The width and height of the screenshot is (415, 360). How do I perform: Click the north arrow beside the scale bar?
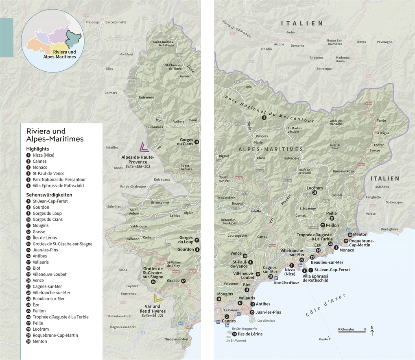tap(372, 332)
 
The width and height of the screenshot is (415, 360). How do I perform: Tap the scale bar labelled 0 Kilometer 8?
tap(352, 331)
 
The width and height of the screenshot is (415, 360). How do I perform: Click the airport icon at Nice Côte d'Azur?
tap(276, 278)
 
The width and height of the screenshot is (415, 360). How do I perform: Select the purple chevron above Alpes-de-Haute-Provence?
tap(143, 148)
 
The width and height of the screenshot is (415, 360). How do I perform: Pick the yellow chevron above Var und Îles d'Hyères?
tap(158, 298)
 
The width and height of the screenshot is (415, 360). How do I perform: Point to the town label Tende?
tap(381, 121)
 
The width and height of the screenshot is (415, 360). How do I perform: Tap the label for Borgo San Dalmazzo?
tap(338, 42)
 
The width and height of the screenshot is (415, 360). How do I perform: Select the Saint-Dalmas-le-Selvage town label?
tap(164, 44)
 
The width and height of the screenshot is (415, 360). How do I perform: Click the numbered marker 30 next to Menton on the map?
tap(350, 235)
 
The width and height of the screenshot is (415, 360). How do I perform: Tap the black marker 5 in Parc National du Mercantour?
tap(264, 118)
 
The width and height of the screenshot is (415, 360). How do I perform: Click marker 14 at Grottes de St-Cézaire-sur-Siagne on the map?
tap(153, 281)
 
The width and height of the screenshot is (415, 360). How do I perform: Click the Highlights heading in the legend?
tap(37, 149)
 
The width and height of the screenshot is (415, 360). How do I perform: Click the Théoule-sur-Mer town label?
tap(176, 339)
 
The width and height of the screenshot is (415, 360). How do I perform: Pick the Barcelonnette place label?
tap(116, 22)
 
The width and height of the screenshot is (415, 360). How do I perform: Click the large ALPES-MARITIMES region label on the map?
tap(271, 149)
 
